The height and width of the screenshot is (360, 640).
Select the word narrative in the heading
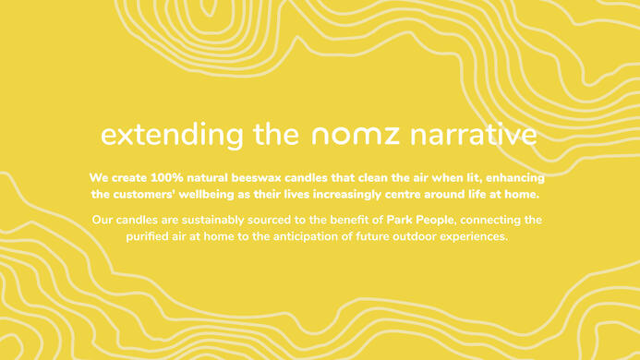(x=472, y=135)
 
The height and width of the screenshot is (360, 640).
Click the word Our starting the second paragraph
(x=103, y=220)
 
